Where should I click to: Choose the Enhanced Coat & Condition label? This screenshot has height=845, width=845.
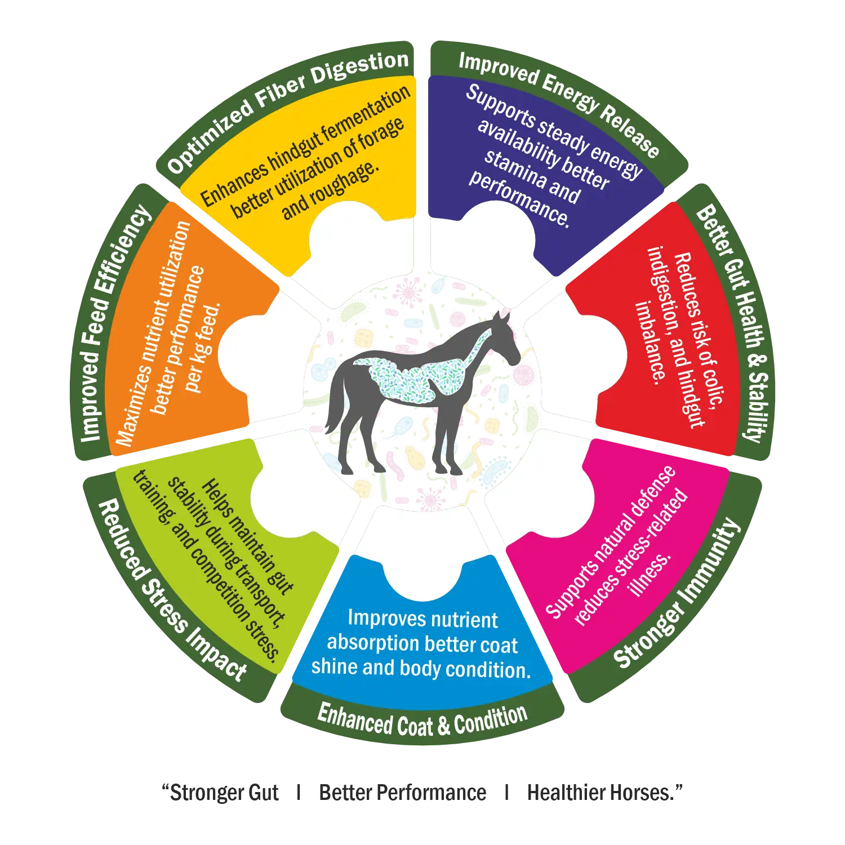click(x=422, y=721)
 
